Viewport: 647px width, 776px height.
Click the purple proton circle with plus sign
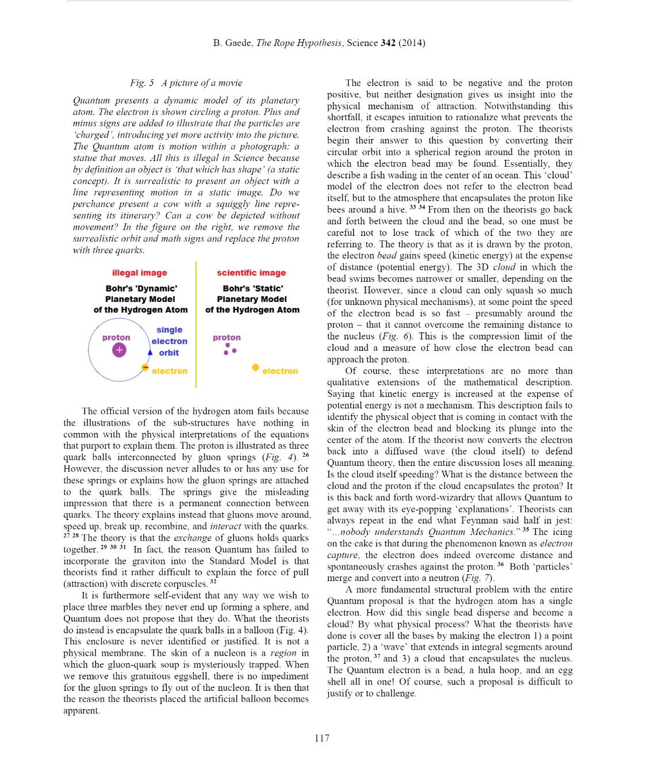[119, 350]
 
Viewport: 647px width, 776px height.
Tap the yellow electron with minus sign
[145, 367]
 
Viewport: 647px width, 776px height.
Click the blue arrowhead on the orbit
[150, 352]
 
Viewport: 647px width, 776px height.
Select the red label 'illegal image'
[139, 273]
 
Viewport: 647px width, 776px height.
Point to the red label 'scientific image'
[251, 273]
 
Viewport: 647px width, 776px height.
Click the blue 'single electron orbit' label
[169, 341]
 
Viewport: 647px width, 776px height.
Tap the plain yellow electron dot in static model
[255, 368]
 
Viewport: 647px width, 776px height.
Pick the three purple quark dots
[230, 349]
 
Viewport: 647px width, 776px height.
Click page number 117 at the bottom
[322, 738]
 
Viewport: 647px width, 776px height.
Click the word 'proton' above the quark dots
[227, 338]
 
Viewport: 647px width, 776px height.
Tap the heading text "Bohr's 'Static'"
[252, 288]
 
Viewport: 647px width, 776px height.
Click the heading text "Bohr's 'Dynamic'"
[141, 288]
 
